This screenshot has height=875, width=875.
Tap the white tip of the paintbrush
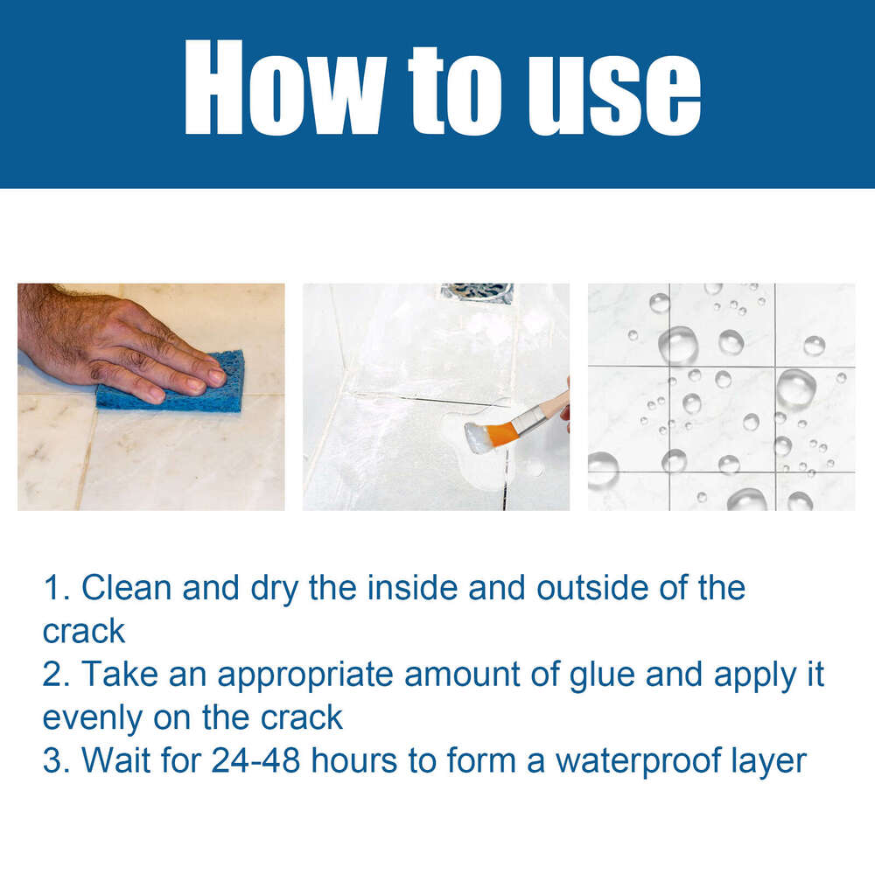[x=479, y=437]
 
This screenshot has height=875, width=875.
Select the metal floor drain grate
[x=477, y=292]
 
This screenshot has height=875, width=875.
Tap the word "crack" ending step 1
[x=84, y=630]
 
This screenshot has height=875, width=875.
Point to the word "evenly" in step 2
[x=91, y=717]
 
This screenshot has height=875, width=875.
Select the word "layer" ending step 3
[x=767, y=760]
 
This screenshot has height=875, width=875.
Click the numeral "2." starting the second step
[x=57, y=674]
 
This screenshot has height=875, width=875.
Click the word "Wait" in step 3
[x=117, y=759]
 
